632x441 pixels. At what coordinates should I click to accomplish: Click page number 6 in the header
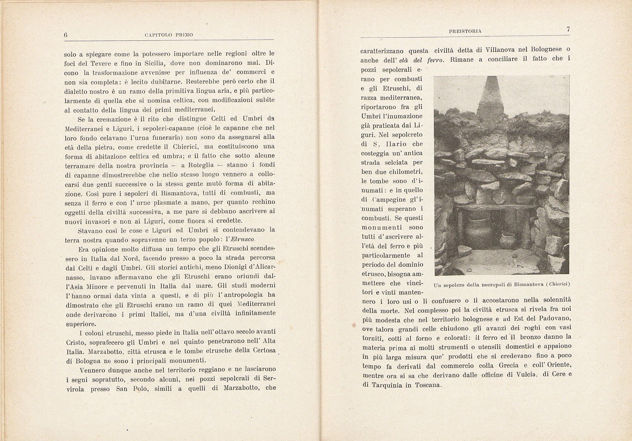tap(66, 35)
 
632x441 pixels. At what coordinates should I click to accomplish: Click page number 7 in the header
tap(568, 29)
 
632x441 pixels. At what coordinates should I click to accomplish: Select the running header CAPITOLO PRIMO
tap(169, 35)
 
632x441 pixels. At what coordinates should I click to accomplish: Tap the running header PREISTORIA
tap(465, 31)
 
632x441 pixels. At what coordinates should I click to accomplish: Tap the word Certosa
tap(264, 351)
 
